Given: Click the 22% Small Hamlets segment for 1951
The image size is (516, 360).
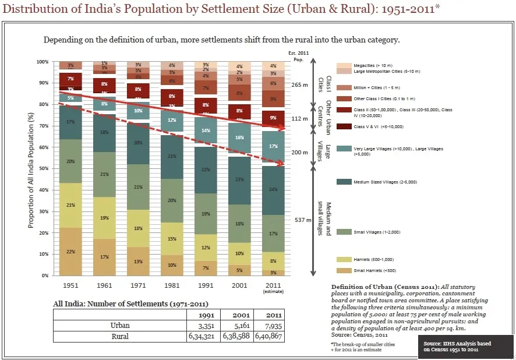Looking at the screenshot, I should point(70,251).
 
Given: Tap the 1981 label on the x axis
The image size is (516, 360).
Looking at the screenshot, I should point(171,285).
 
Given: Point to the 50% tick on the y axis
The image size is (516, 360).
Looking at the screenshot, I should point(43,168).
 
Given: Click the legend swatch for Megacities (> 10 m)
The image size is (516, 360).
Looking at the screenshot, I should point(345,66).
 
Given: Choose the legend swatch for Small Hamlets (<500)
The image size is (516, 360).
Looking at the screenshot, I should point(345,271).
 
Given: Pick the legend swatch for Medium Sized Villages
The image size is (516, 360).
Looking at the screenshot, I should point(345,182).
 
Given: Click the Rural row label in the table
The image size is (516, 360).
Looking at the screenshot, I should point(120,336).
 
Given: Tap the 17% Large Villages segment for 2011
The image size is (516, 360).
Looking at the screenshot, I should point(273,147).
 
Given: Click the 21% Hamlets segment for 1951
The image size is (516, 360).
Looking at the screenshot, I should point(70,205).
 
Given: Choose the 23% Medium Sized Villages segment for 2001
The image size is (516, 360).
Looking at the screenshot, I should point(239,180).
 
